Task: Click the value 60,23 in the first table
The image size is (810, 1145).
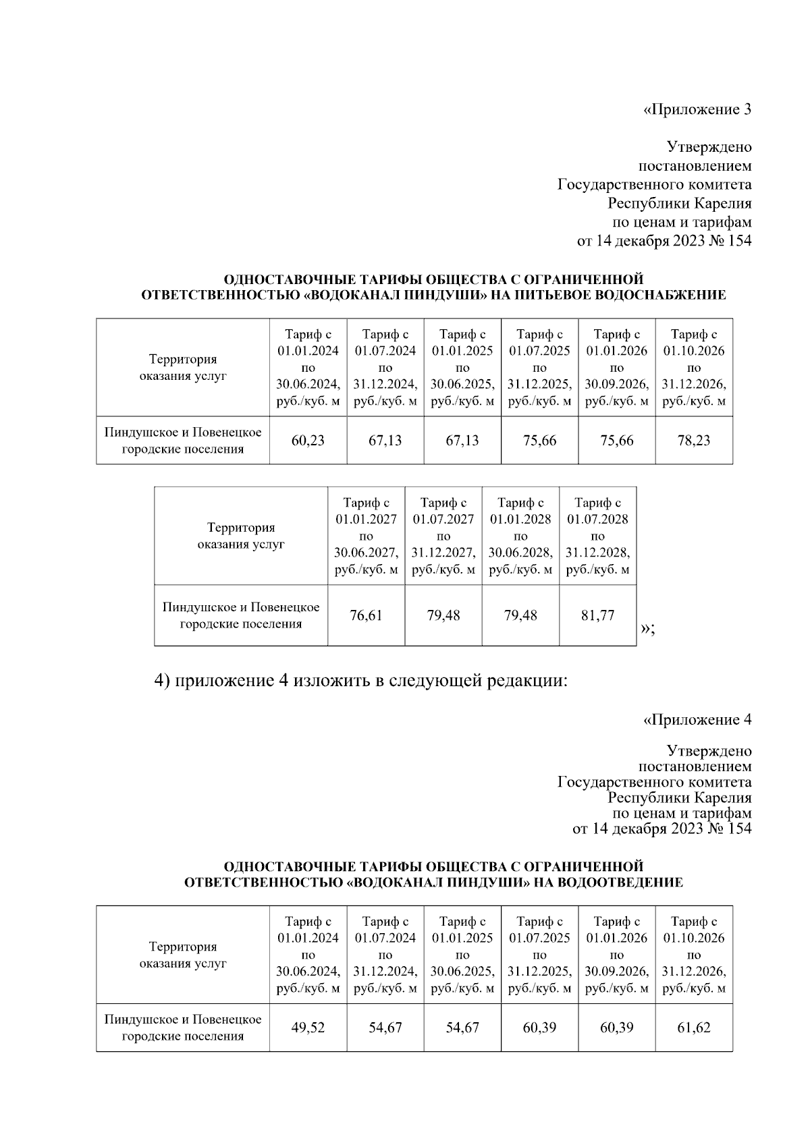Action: click(308, 441)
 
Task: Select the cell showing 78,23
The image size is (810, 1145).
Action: click(694, 441)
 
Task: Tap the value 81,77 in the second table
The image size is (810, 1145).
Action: click(597, 615)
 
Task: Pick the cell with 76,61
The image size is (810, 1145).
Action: click(366, 615)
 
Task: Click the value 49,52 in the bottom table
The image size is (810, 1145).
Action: click(308, 1028)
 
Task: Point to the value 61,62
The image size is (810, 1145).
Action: click(694, 1028)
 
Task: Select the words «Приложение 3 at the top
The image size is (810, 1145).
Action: click(697, 109)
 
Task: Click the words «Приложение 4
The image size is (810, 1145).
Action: click(697, 720)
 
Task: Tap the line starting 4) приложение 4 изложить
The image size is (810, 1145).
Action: click(361, 681)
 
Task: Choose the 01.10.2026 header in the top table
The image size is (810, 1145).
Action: click(694, 368)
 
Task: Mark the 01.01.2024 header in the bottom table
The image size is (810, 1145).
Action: click(308, 955)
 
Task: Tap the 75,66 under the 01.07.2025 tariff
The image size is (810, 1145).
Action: click(539, 441)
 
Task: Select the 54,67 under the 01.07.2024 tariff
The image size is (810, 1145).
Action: click(385, 1028)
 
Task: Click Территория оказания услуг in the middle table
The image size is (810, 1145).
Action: click(241, 536)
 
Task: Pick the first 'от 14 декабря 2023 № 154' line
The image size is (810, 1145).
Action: click(664, 241)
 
